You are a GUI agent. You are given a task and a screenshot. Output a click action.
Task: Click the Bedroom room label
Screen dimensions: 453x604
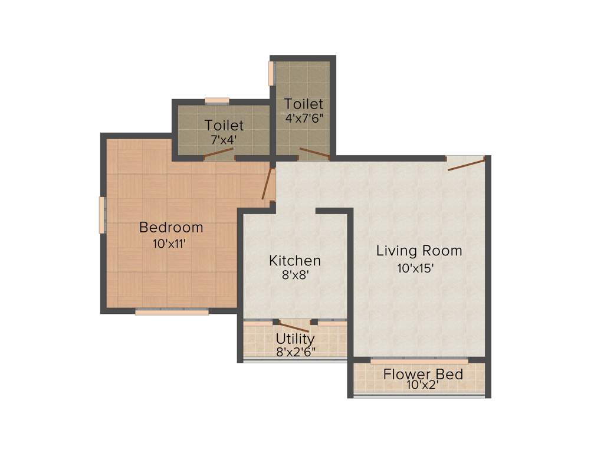(x=171, y=227)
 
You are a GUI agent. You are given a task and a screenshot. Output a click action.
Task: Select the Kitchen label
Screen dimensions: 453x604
(x=295, y=260)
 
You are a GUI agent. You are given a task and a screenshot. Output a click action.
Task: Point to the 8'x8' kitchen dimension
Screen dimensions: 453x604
(x=295, y=274)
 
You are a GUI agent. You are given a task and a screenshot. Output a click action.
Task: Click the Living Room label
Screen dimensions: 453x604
(x=419, y=251)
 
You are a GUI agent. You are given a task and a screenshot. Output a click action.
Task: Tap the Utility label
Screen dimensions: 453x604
(x=295, y=339)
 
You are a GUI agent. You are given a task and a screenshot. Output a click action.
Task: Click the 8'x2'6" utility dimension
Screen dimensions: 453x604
(x=296, y=352)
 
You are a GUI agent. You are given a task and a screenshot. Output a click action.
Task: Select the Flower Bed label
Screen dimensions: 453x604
(x=423, y=375)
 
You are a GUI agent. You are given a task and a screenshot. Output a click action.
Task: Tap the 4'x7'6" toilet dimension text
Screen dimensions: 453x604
(x=304, y=117)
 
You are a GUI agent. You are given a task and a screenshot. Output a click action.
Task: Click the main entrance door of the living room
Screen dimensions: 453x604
(x=466, y=163)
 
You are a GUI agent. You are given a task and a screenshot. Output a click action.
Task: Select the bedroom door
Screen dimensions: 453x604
(x=269, y=185)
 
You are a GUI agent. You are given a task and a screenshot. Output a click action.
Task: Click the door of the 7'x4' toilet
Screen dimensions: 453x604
(x=218, y=154)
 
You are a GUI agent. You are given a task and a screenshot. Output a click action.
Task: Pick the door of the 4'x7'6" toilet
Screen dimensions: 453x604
(x=314, y=155)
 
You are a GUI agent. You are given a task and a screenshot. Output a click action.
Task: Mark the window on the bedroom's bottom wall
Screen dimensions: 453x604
(x=172, y=312)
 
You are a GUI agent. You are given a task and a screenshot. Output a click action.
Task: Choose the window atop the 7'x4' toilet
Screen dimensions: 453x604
(x=217, y=101)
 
